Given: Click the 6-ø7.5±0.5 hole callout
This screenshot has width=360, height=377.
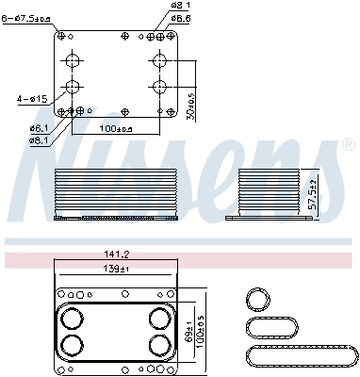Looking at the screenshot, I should point(26,16).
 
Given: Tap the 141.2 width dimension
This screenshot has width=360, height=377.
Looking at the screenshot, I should point(118,254).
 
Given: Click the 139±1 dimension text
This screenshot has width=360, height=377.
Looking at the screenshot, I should point(118,270).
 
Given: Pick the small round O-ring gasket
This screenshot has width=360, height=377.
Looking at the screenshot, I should point(257,300).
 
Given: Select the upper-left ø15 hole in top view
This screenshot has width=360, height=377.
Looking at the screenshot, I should point(73,61).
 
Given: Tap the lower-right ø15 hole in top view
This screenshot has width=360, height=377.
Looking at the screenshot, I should point(158,88).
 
